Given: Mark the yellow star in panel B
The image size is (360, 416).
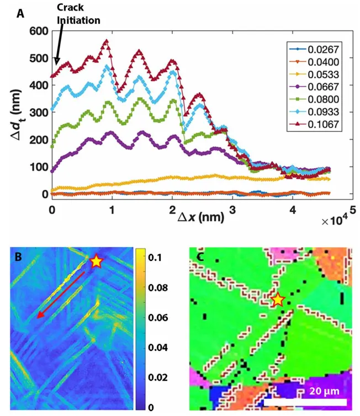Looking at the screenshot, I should [x=96, y=261].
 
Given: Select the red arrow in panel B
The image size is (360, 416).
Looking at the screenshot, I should [x=61, y=294].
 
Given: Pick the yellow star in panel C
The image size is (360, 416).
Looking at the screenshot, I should [x=278, y=300].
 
